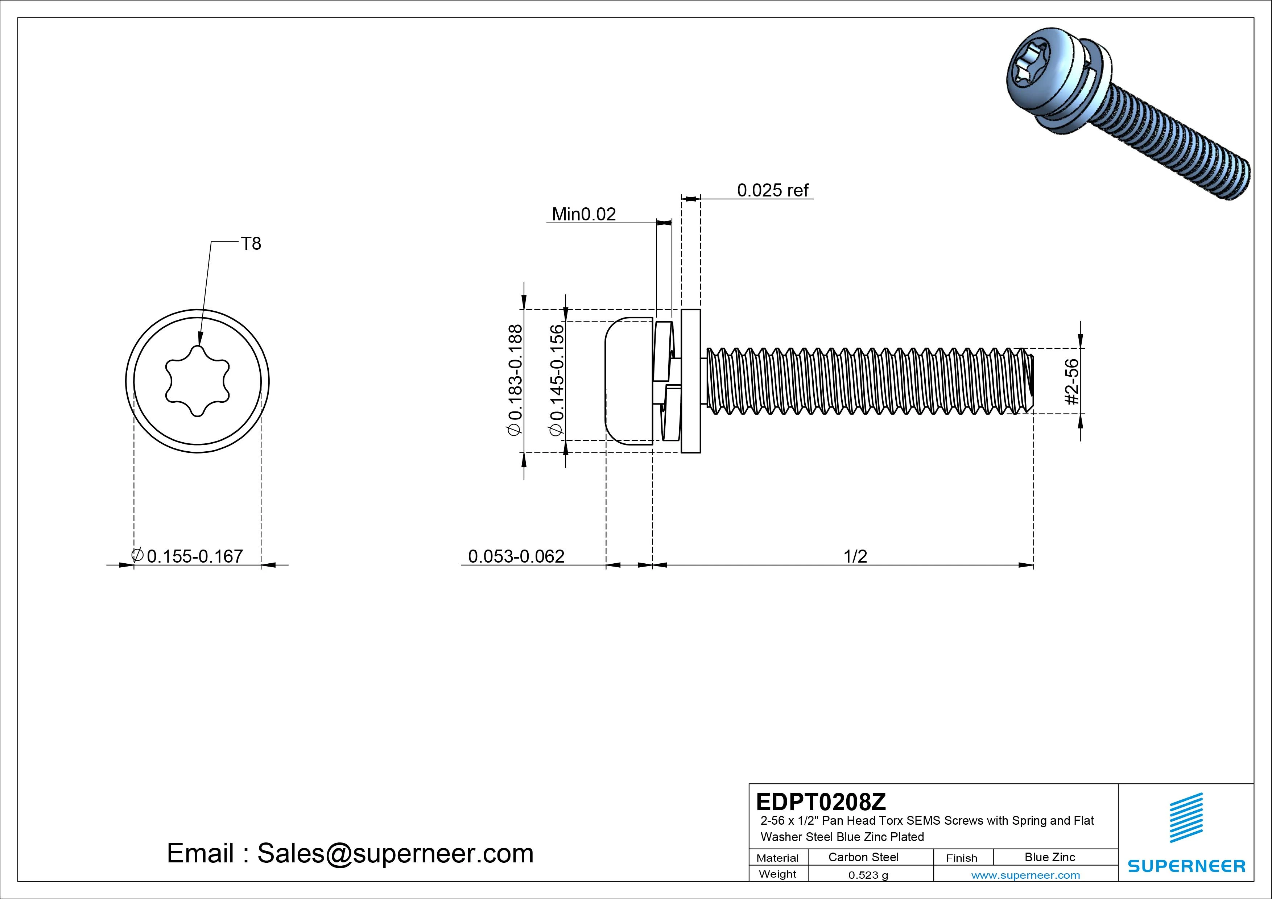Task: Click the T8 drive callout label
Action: tap(251, 244)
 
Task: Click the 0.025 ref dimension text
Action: tap(772, 191)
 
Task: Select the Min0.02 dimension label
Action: tap(584, 214)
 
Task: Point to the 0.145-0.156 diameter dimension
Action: tap(557, 381)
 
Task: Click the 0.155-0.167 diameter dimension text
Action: tap(188, 556)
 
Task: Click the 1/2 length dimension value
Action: tap(855, 556)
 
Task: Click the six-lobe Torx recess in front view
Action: tap(197, 381)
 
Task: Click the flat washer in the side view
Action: tap(690, 381)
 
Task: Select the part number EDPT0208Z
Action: tap(821, 801)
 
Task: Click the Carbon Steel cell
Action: tap(863, 857)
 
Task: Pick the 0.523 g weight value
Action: tap(868, 875)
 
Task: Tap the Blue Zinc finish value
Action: tap(1049, 857)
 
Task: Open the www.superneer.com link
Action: tap(1025, 875)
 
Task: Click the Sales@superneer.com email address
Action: tap(395, 853)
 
